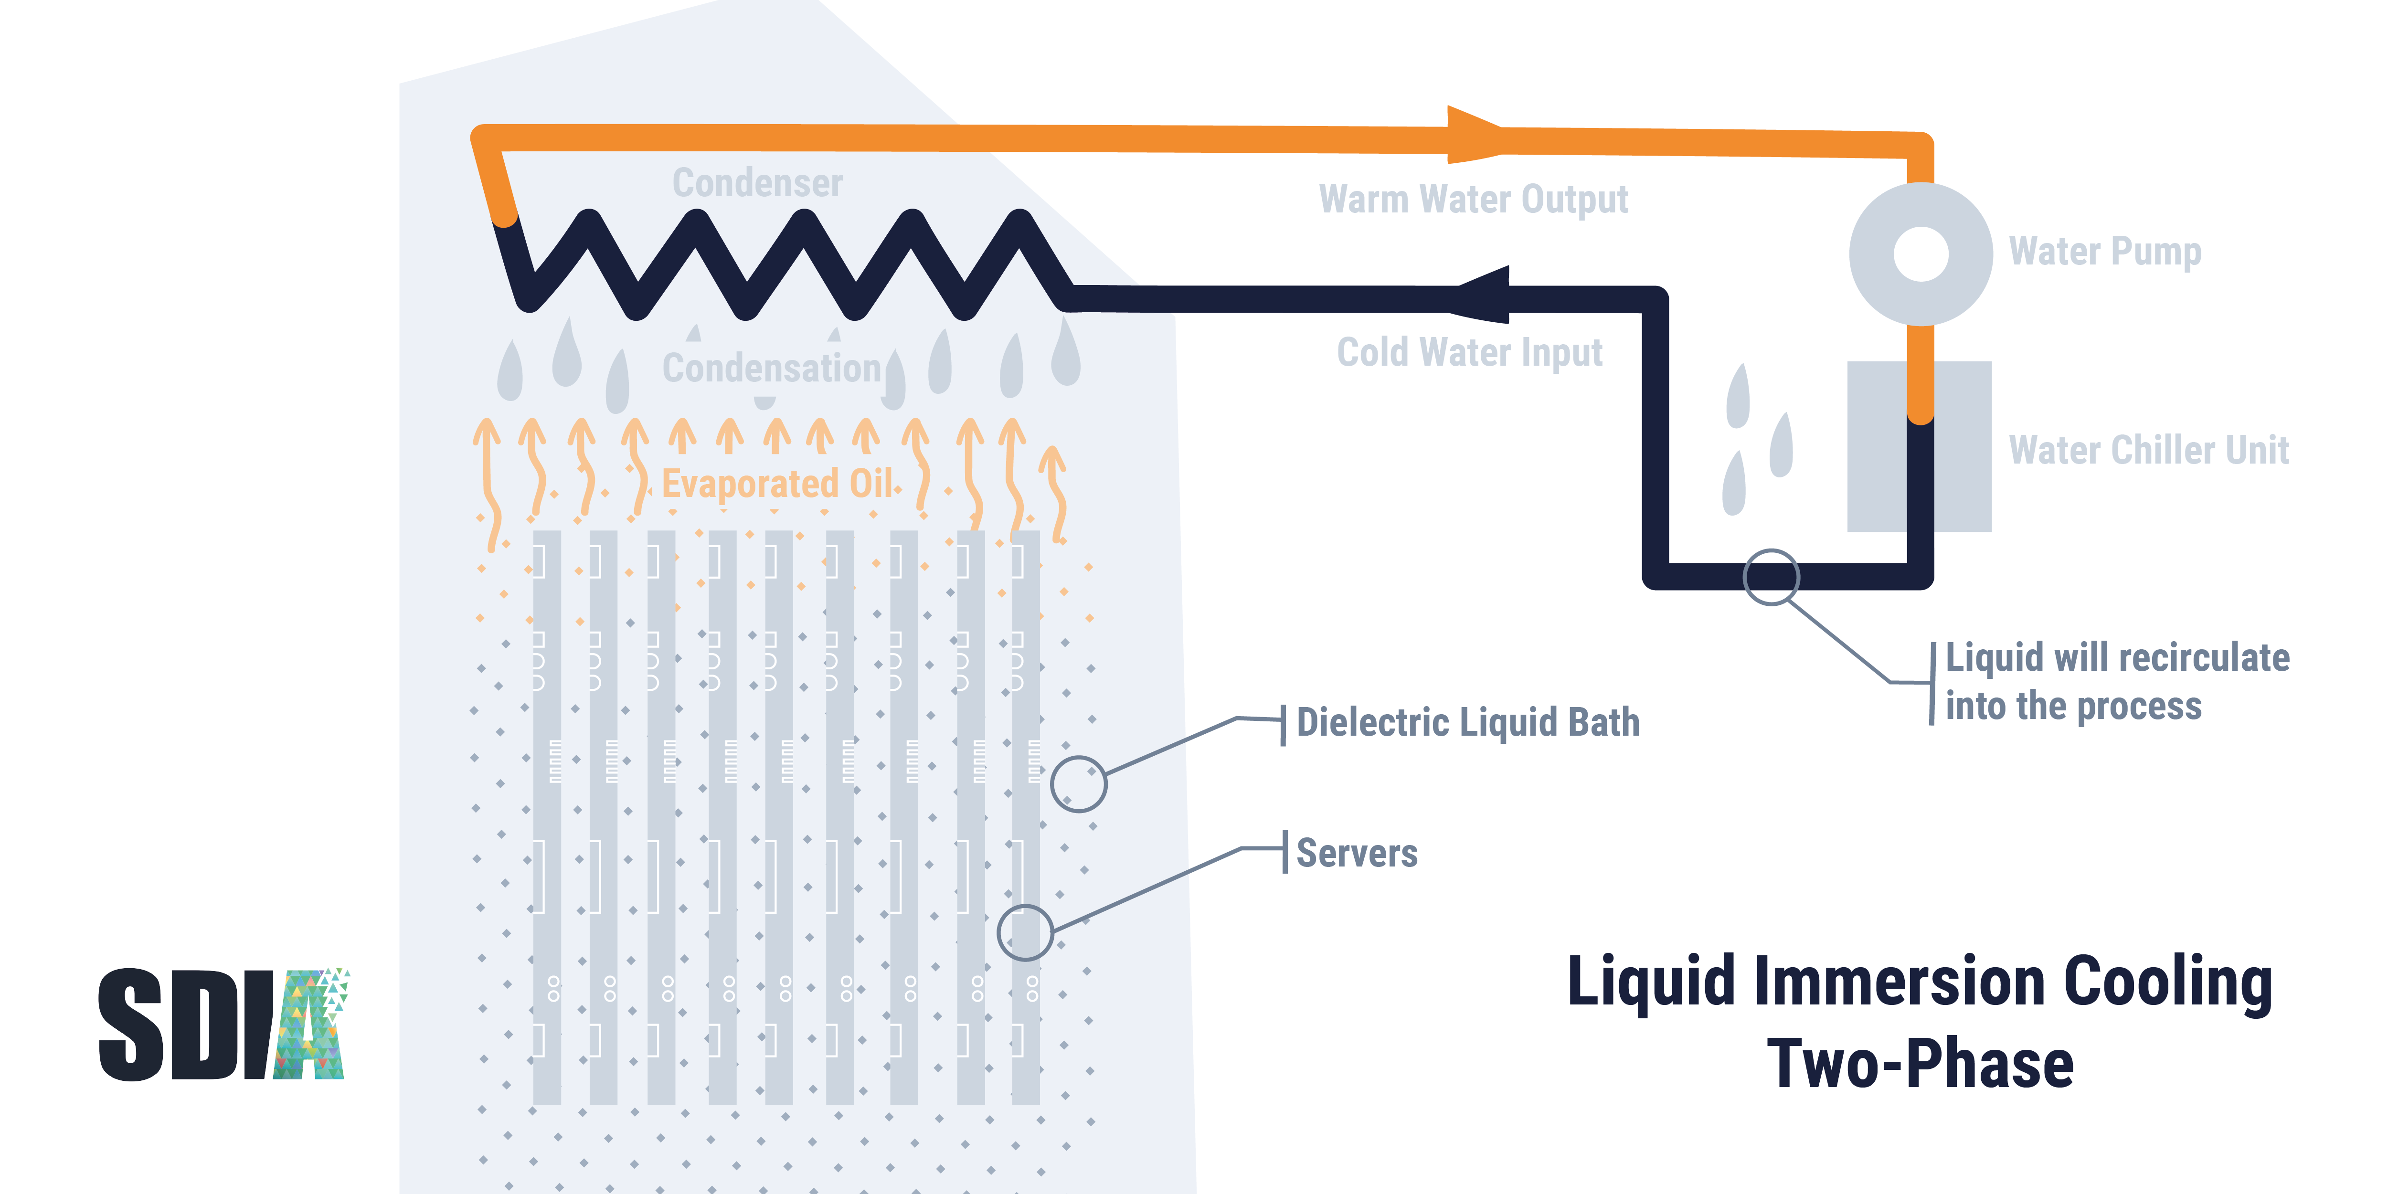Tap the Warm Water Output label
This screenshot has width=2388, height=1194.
point(1473,199)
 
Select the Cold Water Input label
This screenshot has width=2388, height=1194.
point(1469,352)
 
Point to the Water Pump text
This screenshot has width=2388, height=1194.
point(2104,251)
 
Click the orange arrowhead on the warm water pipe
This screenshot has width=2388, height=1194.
point(1474,135)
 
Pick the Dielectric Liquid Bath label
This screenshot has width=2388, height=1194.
point(1467,722)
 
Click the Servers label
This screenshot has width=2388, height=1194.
point(1356,853)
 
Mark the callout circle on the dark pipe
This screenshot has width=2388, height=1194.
point(1771,577)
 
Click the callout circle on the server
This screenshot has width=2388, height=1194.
point(1024,931)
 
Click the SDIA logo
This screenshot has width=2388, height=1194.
point(223,1025)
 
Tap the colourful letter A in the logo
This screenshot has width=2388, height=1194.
point(310,1025)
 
